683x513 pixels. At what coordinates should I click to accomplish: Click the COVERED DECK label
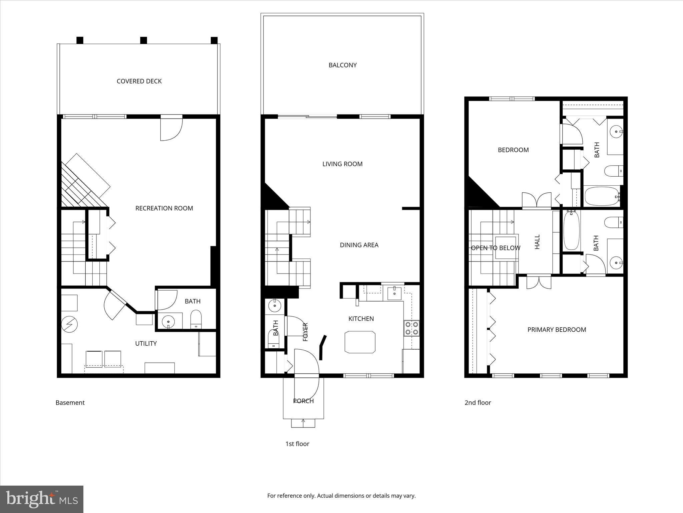pos(139,81)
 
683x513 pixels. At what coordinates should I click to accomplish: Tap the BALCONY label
pos(343,65)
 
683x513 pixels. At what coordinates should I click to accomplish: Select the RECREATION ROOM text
pos(164,208)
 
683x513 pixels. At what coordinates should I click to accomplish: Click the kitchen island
pos(360,342)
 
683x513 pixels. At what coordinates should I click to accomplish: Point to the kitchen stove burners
pos(412,328)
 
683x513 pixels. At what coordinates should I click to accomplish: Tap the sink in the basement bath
pos(168,322)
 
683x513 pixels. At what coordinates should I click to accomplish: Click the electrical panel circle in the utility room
pos(69,324)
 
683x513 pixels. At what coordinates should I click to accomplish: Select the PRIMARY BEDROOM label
pos(557,330)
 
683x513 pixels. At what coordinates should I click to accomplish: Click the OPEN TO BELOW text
pos(495,248)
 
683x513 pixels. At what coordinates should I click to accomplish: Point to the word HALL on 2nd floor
pos(537,242)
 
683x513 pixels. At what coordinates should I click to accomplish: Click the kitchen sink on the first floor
pos(395,293)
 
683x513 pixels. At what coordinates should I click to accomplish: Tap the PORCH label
pos(303,401)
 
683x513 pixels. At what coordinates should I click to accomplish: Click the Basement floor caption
pos(70,402)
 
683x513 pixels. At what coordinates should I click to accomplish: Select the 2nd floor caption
pos(478,402)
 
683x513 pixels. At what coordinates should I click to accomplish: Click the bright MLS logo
pos(42,499)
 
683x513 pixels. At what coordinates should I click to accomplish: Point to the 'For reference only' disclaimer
pos(341,495)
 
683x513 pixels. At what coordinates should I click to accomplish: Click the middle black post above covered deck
pos(143,40)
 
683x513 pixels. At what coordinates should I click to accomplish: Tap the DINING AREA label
pos(359,245)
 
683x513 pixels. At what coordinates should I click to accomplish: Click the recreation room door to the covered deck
pos(171,129)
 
